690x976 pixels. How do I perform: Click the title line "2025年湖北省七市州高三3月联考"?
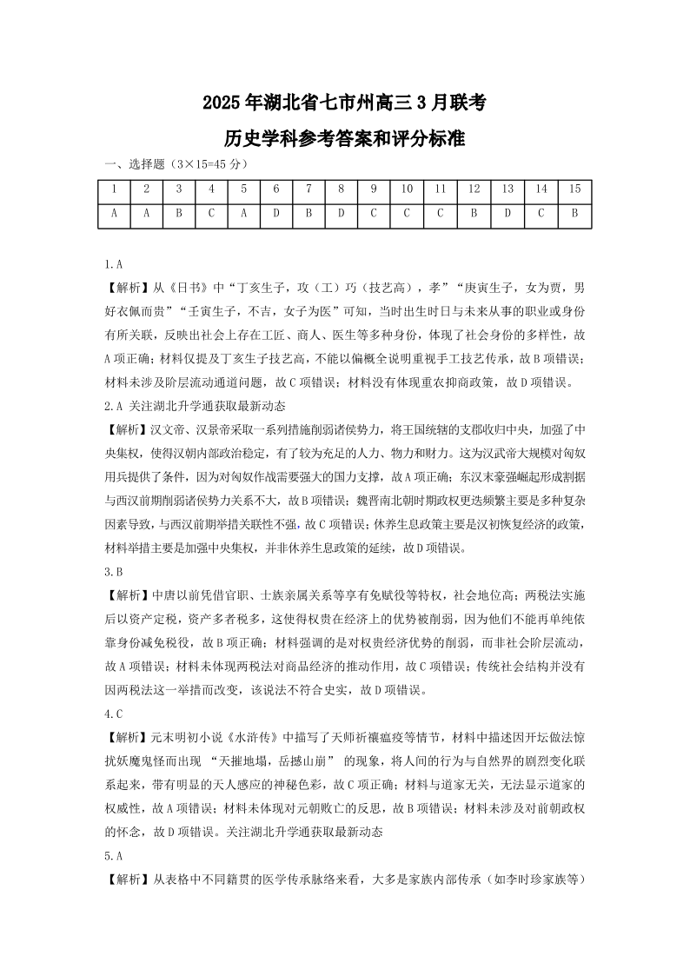pos(344,103)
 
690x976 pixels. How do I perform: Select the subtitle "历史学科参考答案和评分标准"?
pos(344,138)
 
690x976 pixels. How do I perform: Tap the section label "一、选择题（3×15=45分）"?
pos(176,164)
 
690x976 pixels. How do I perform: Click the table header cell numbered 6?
pos(276,189)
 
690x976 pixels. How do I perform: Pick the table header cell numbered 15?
pos(574,189)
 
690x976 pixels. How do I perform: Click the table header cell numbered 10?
pos(407,189)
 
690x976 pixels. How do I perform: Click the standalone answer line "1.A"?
pos(113,263)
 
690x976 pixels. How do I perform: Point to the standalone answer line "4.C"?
pos(113,714)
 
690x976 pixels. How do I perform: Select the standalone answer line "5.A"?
pos(113,854)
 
